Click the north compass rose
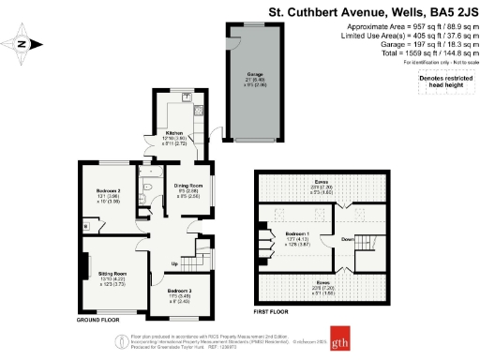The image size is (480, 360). point(25,42)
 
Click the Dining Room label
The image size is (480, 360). point(188,185)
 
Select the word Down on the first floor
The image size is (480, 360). point(347,239)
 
